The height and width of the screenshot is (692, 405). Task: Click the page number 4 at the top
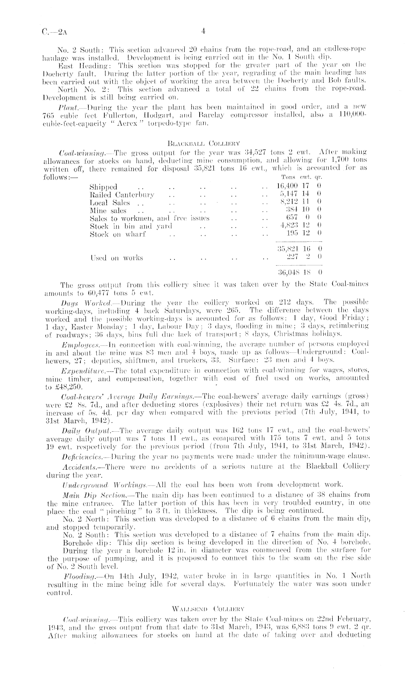click(x=204, y=32)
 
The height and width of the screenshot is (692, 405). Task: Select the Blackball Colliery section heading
click(x=203, y=143)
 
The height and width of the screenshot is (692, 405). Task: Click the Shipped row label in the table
click(x=103, y=187)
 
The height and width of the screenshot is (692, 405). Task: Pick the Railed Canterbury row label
click(x=122, y=195)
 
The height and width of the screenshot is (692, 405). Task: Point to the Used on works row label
click(x=116, y=258)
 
